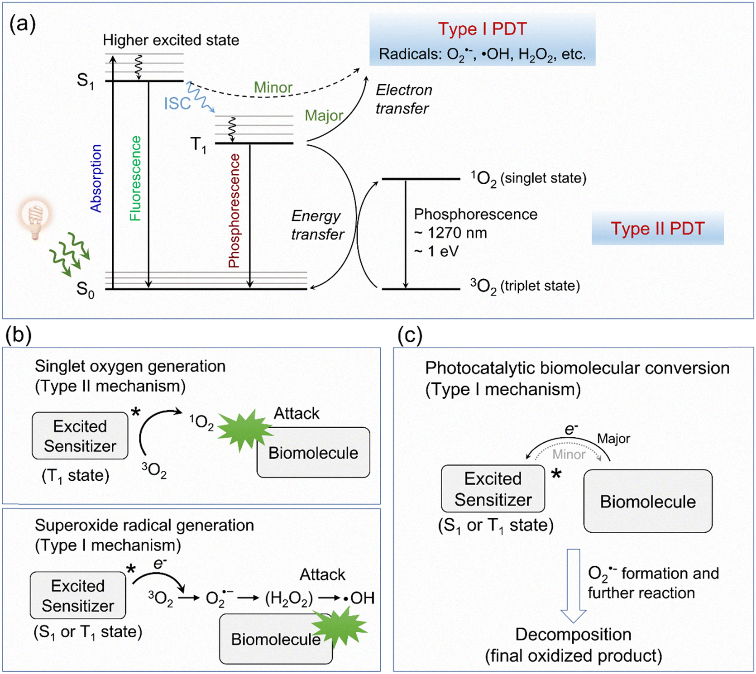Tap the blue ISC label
pyautogui.click(x=177, y=104)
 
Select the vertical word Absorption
pyautogui.click(x=96, y=178)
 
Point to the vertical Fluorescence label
pyautogui.click(x=135, y=178)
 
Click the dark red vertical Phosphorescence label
pyautogui.click(x=234, y=211)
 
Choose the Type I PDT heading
pyautogui.click(x=482, y=29)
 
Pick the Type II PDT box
pyautogui.click(x=657, y=228)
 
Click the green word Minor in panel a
pyautogui.click(x=273, y=87)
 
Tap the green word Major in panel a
pyautogui.click(x=324, y=115)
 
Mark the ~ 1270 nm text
pyautogui.click(x=450, y=233)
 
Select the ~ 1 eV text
pyautogui.click(x=436, y=251)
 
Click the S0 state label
pyautogui.click(x=85, y=289)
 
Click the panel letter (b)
pyautogui.click(x=19, y=335)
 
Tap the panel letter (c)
pyautogui.click(x=410, y=336)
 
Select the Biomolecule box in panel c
pyautogui.click(x=648, y=501)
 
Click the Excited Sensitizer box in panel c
pyautogui.click(x=493, y=489)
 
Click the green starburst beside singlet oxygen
pyautogui.click(x=244, y=430)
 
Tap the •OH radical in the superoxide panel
pyautogui.click(x=359, y=598)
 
